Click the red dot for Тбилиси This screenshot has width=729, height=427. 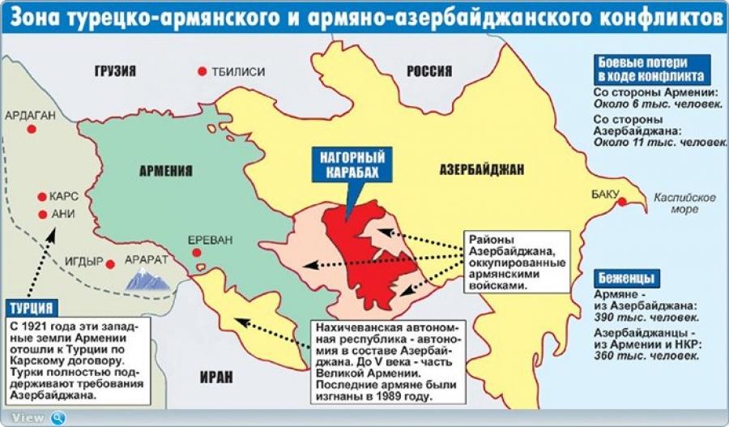click(202, 71)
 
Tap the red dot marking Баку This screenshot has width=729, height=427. click(622, 203)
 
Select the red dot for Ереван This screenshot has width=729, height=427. click(196, 254)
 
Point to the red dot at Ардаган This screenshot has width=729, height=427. click(32, 129)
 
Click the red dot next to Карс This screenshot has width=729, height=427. click(41, 197)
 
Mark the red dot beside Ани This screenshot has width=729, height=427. click(41, 215)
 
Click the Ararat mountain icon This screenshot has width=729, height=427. click(147, 280)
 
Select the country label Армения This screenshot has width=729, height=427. click(166, 171)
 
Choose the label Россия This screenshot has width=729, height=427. click(429, 70)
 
